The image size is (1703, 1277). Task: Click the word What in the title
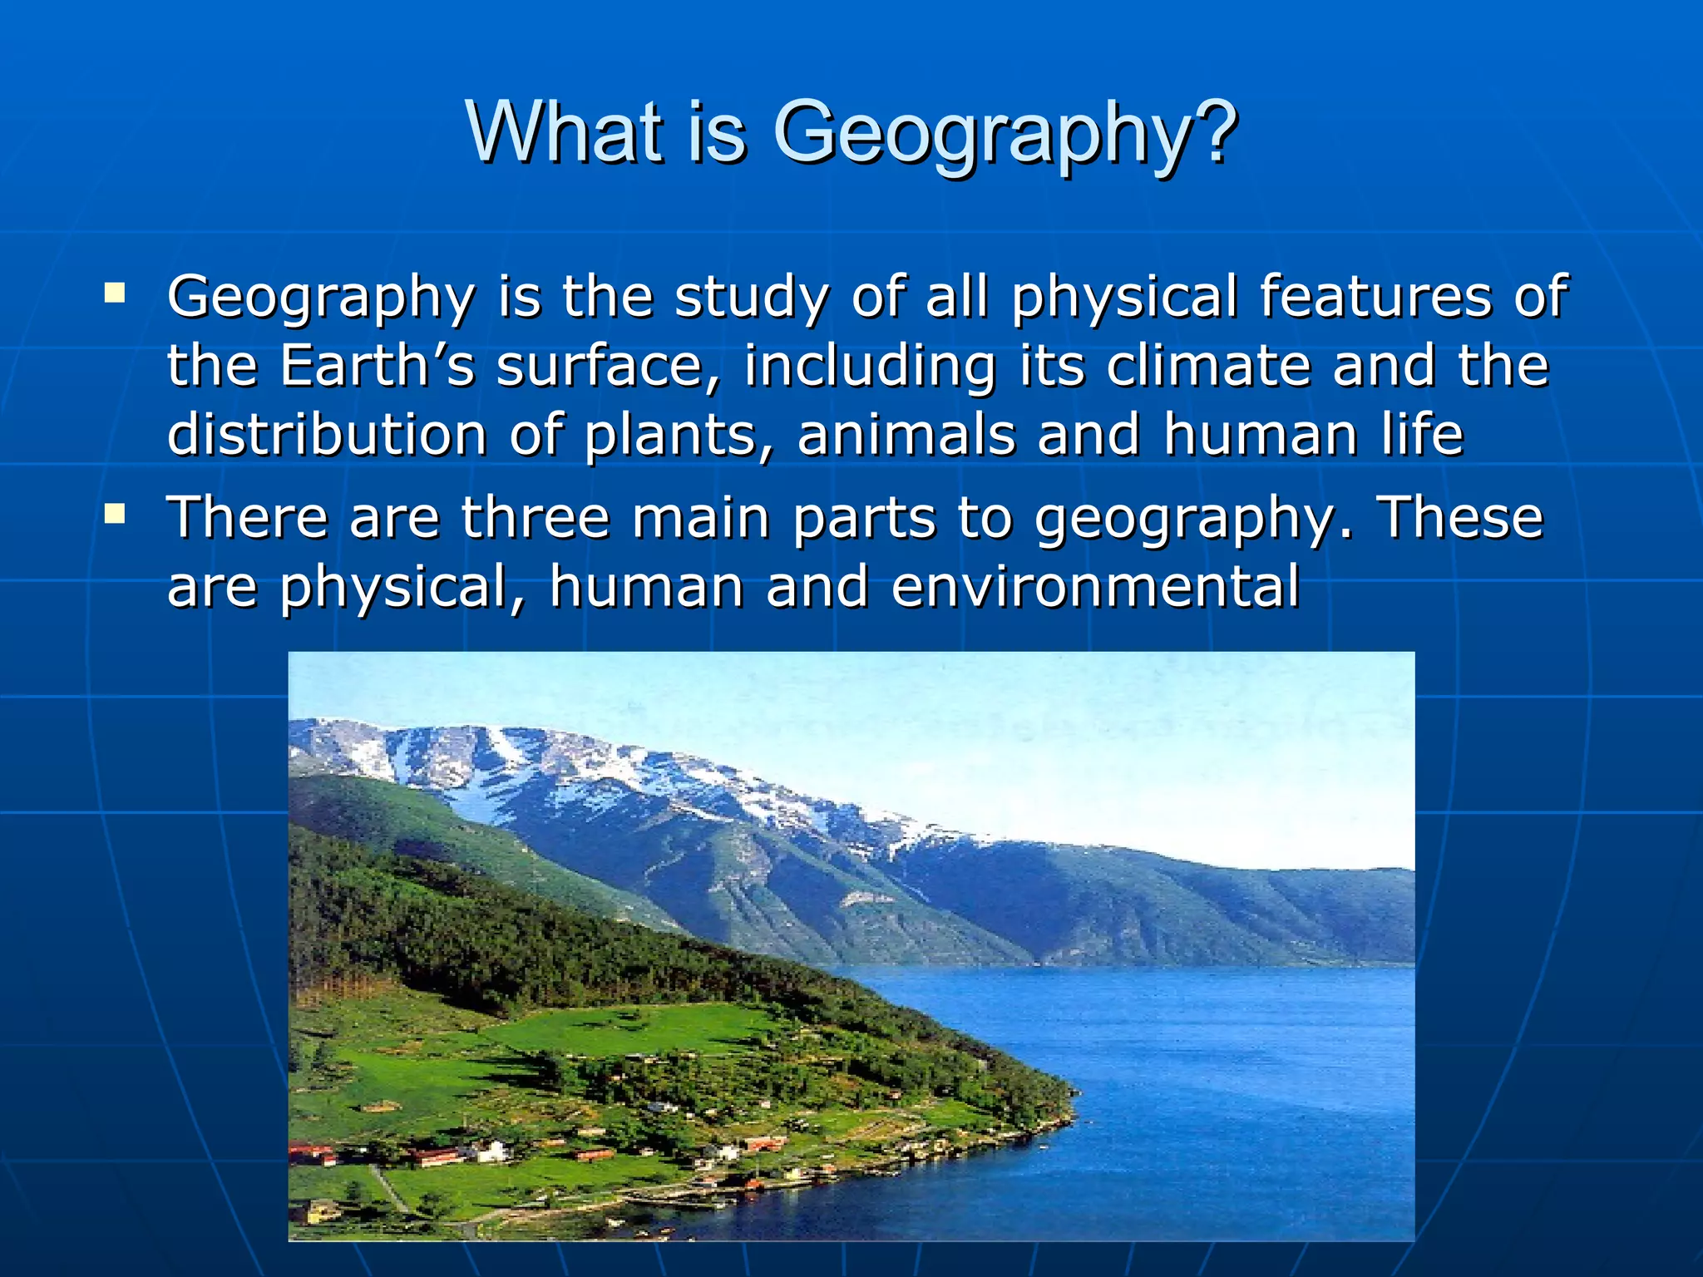(x=565, y=133)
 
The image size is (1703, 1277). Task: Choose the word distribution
(x=327, y=435)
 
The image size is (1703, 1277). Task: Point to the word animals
(x=906, y=435)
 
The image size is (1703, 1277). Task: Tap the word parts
(x=864, y=520)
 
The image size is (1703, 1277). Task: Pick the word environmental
(x=1095, y=586)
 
